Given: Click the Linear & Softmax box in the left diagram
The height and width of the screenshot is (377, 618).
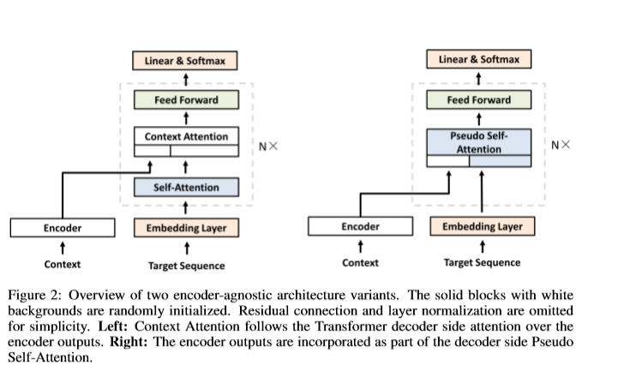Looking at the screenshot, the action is pyautogui.click(x=185, y=61).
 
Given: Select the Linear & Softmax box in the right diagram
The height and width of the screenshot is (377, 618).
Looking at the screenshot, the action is pyautogui.click(x=479, y=59).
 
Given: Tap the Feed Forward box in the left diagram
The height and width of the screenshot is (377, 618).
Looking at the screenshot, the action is pyautogui.click(x=186, y=99).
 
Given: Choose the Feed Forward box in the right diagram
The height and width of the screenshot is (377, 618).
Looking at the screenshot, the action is pyautogui.click(x=479, y=99).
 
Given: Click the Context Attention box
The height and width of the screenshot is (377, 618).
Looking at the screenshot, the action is pyautogui.click(x=186, y=141).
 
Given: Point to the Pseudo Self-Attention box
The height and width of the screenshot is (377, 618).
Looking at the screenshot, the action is pyautogui.click(x=479, y=147).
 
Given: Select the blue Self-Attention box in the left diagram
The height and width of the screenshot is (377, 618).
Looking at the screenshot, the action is pyautogui.click(x=186, y=187).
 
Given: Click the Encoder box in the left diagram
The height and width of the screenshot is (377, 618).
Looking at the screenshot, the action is pyautogui.click(x=63, y=228).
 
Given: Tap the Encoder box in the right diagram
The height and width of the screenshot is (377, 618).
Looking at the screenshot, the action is pyautogui.click(x=361, y=226).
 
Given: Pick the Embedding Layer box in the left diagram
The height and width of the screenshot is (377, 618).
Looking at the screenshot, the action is pyautogui.click(x=186, y=228).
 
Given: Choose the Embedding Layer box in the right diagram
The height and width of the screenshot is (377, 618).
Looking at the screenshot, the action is pyautogui.click(x=483, y=226).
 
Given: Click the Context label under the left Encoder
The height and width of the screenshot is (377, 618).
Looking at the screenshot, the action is pyautogui.click(x=63, y=264).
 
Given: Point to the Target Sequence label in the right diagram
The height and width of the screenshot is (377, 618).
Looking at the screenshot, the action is pyautogui.click(x=482, y=263).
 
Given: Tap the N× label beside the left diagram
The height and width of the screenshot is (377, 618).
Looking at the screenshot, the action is pyautogui.click(x=268, y=147).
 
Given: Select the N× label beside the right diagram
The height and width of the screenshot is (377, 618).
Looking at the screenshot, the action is pyautogui.click(x=561, y=145).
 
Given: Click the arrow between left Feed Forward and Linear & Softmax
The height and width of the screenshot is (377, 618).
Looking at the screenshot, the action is pyautogui.click(x=186, y=80).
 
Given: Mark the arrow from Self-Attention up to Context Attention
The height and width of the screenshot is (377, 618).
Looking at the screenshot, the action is pyautogui.click(x=186, y=167).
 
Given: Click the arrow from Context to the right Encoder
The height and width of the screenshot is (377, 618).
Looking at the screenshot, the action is pyautogui.click(x=361, y=247).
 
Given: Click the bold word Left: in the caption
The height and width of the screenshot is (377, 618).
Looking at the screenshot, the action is pyautogui.click(x=113, y=326).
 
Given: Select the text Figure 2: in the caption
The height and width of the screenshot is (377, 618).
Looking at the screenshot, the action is pyautogui.click(x=34, y=296).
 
